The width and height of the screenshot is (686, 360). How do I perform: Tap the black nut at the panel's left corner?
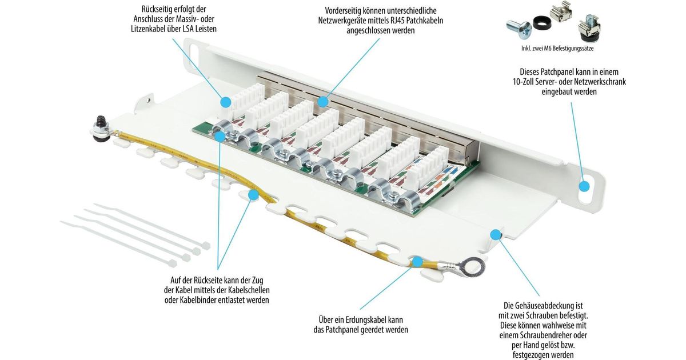[100, 122]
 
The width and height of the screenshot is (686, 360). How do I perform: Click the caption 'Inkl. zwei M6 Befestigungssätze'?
[557, 49]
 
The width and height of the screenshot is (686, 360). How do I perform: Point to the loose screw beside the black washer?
[520, 29]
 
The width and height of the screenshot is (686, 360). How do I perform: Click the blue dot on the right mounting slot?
[584, 186]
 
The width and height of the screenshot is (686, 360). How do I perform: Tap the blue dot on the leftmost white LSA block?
[226, 102]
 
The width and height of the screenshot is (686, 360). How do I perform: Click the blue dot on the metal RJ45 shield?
[322, 102]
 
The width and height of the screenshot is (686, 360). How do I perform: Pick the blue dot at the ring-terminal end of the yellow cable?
[417, 262]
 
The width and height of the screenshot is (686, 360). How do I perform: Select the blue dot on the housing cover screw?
[495, 234]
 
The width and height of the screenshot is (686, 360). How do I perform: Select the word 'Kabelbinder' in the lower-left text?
[199, 299]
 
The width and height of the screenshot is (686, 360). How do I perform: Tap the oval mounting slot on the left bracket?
[193, 54]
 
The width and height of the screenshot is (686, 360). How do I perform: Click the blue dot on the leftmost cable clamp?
[220, 136]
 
